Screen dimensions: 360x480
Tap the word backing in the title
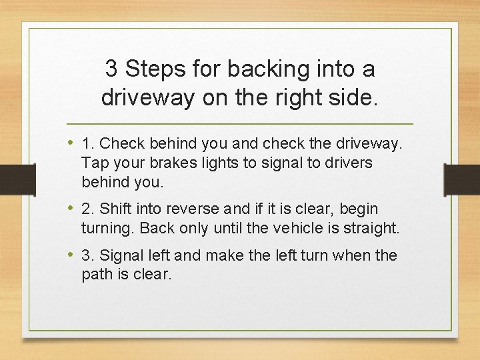(256, 69)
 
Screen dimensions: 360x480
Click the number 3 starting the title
(113, 69)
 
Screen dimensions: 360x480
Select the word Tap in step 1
(94, 163)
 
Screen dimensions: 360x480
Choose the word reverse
(193, 209)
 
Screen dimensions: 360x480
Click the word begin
(359, 209)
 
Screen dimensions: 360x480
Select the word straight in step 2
(375, 229)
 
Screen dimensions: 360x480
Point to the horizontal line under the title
(240, 125)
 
